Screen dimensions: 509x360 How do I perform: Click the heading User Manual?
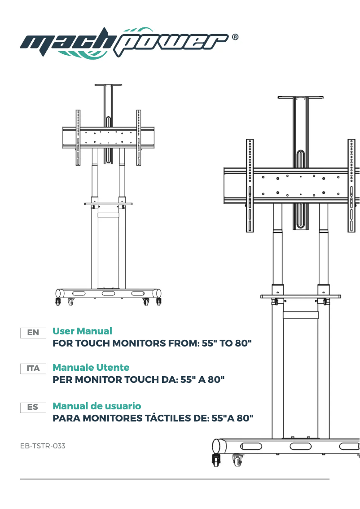(x=82, y=331)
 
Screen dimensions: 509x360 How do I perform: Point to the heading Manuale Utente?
(x=91, y=368)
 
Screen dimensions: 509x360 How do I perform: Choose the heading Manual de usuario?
(x=97, y=406)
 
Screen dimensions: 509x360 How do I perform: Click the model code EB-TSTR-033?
(x=43, y=446)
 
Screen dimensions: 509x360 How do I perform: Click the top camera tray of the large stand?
(x=300, y=97)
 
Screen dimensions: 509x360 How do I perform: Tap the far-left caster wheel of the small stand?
(x=57, y=302)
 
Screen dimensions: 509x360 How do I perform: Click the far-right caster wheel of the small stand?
(x=158, y=302)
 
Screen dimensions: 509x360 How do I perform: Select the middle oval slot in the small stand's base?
(x=108, y=293)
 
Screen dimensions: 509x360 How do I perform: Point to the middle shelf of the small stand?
(x=108, y=204)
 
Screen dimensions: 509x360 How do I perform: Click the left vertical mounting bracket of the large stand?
(x=250, y=185)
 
